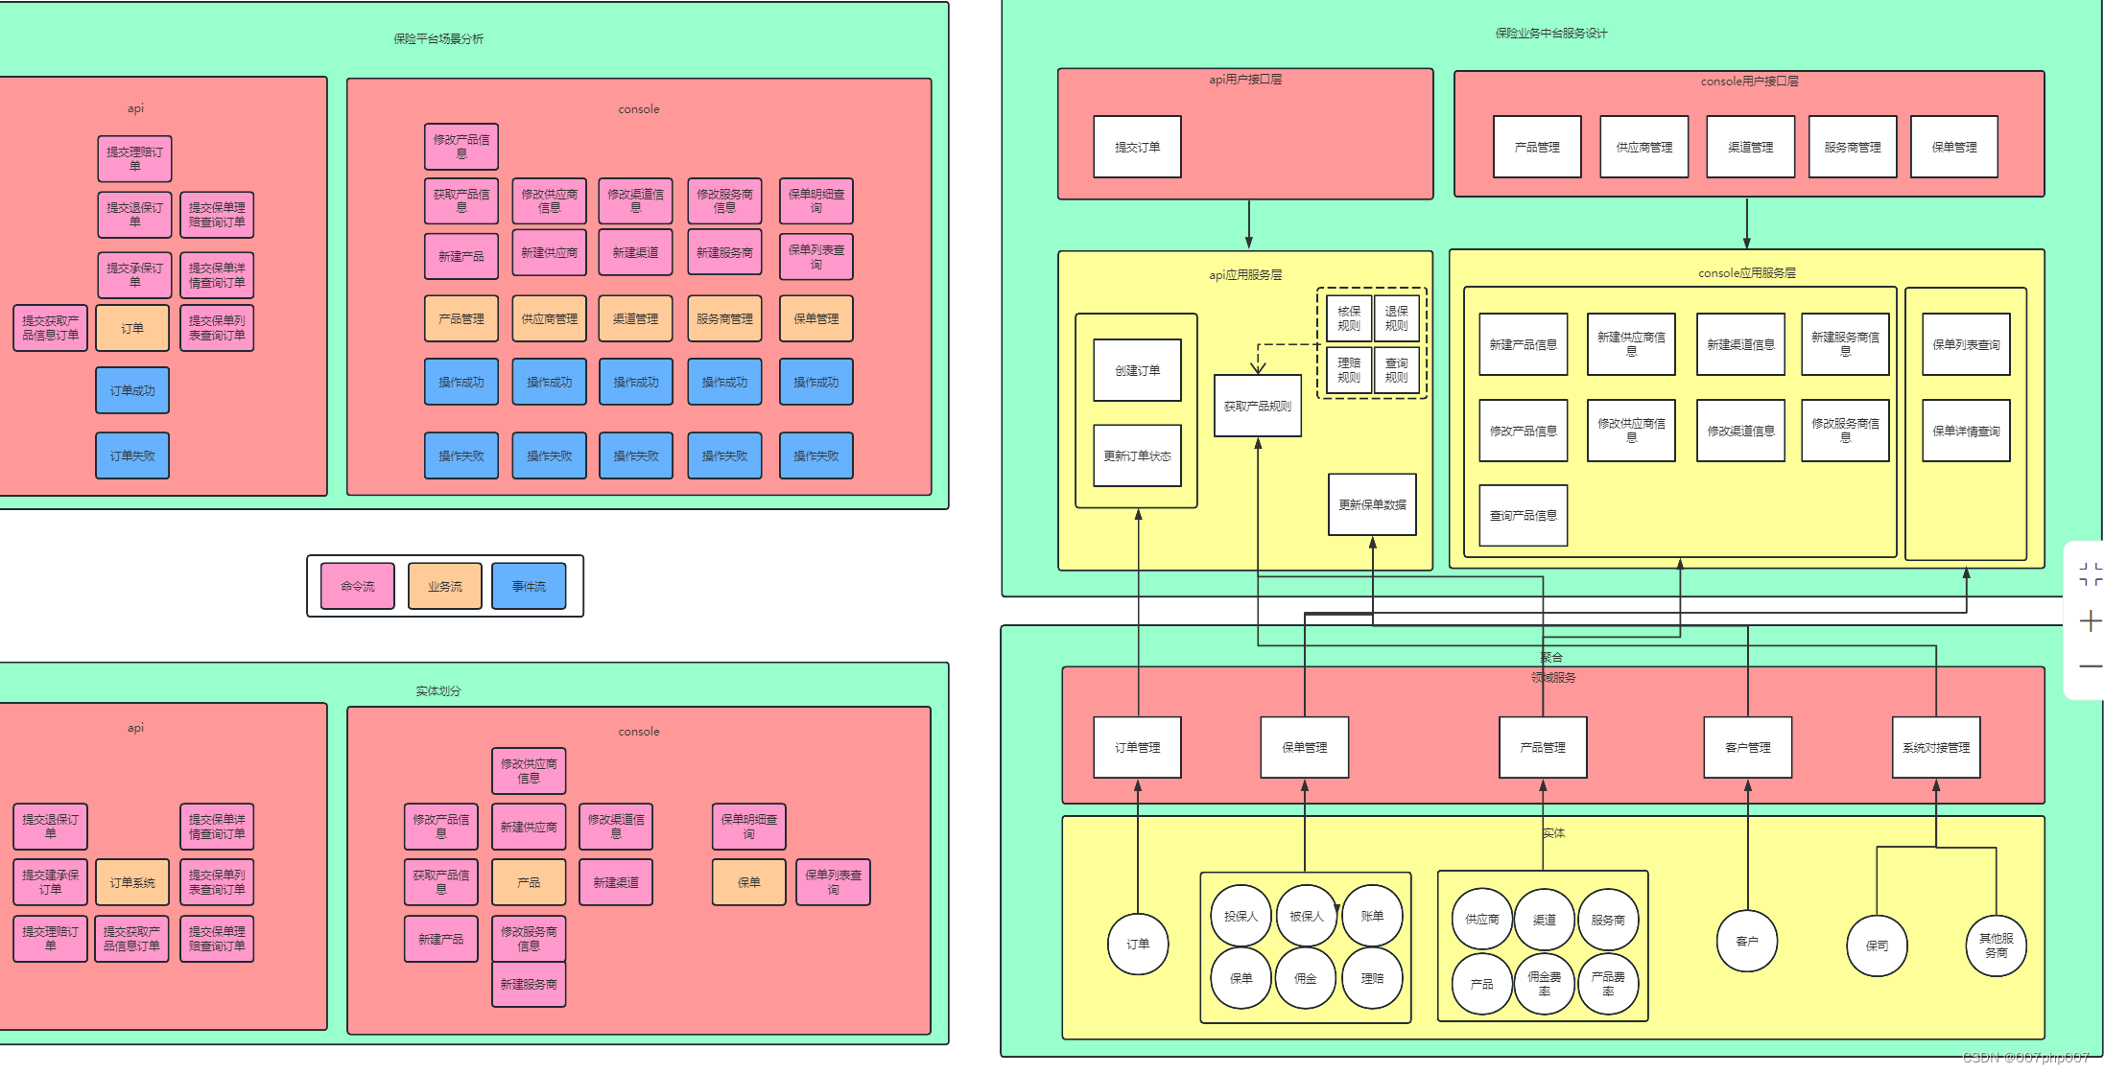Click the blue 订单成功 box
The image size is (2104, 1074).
(132, 390)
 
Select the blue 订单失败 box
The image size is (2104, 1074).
(132, 455)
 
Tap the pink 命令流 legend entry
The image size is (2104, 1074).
(358, 586)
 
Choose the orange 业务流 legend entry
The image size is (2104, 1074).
(445, 586)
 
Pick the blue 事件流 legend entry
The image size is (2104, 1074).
(529, 586)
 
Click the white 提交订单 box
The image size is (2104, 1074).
(1137, 147)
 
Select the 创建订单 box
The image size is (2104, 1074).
(1137, 370)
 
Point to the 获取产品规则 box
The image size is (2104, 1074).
(1257, 406)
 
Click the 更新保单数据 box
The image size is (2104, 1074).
(1372, 504)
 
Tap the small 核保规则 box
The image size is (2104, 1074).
(1349, 318)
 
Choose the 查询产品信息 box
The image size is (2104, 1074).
(1523, 515)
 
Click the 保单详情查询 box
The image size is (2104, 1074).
(1966, 431)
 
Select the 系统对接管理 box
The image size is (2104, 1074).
(1936, 747)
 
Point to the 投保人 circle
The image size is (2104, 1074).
(1241, 916)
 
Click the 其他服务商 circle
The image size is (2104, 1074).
(1996, 946)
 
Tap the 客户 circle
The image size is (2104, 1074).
(1747, 941)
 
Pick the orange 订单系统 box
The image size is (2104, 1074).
(132, 882)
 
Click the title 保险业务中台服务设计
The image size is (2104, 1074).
(1550, 34)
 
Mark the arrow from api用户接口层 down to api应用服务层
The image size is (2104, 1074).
(1248, 224)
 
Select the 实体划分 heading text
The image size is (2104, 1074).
(438, 690)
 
